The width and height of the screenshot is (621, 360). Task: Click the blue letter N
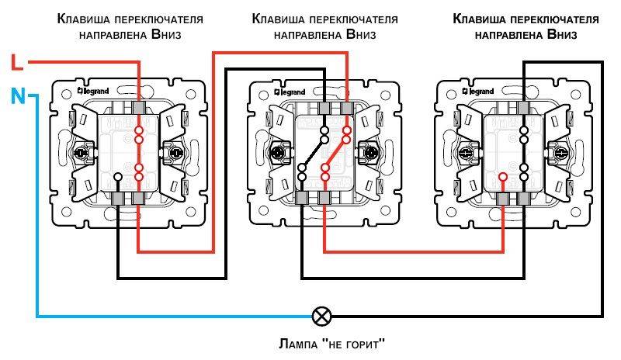point(17,97)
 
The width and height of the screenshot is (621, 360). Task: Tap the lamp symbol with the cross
point(321,316)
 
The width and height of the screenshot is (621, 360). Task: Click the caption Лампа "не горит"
point(321,342)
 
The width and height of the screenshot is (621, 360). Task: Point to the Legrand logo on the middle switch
point(287,92)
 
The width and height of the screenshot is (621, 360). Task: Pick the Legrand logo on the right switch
point(481,92)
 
